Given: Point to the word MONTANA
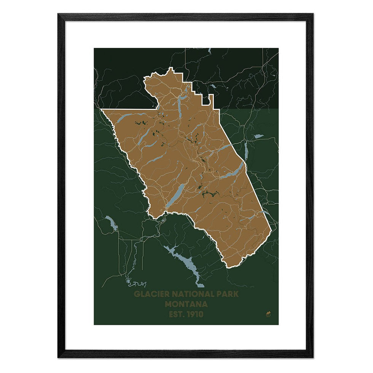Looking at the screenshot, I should click(186, 304).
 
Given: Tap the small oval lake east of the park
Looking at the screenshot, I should click(259, 136).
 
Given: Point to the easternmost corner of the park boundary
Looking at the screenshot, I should click(271, 230).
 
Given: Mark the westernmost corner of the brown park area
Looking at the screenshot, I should click(102, 110).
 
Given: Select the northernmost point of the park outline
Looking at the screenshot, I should click(171, 69).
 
